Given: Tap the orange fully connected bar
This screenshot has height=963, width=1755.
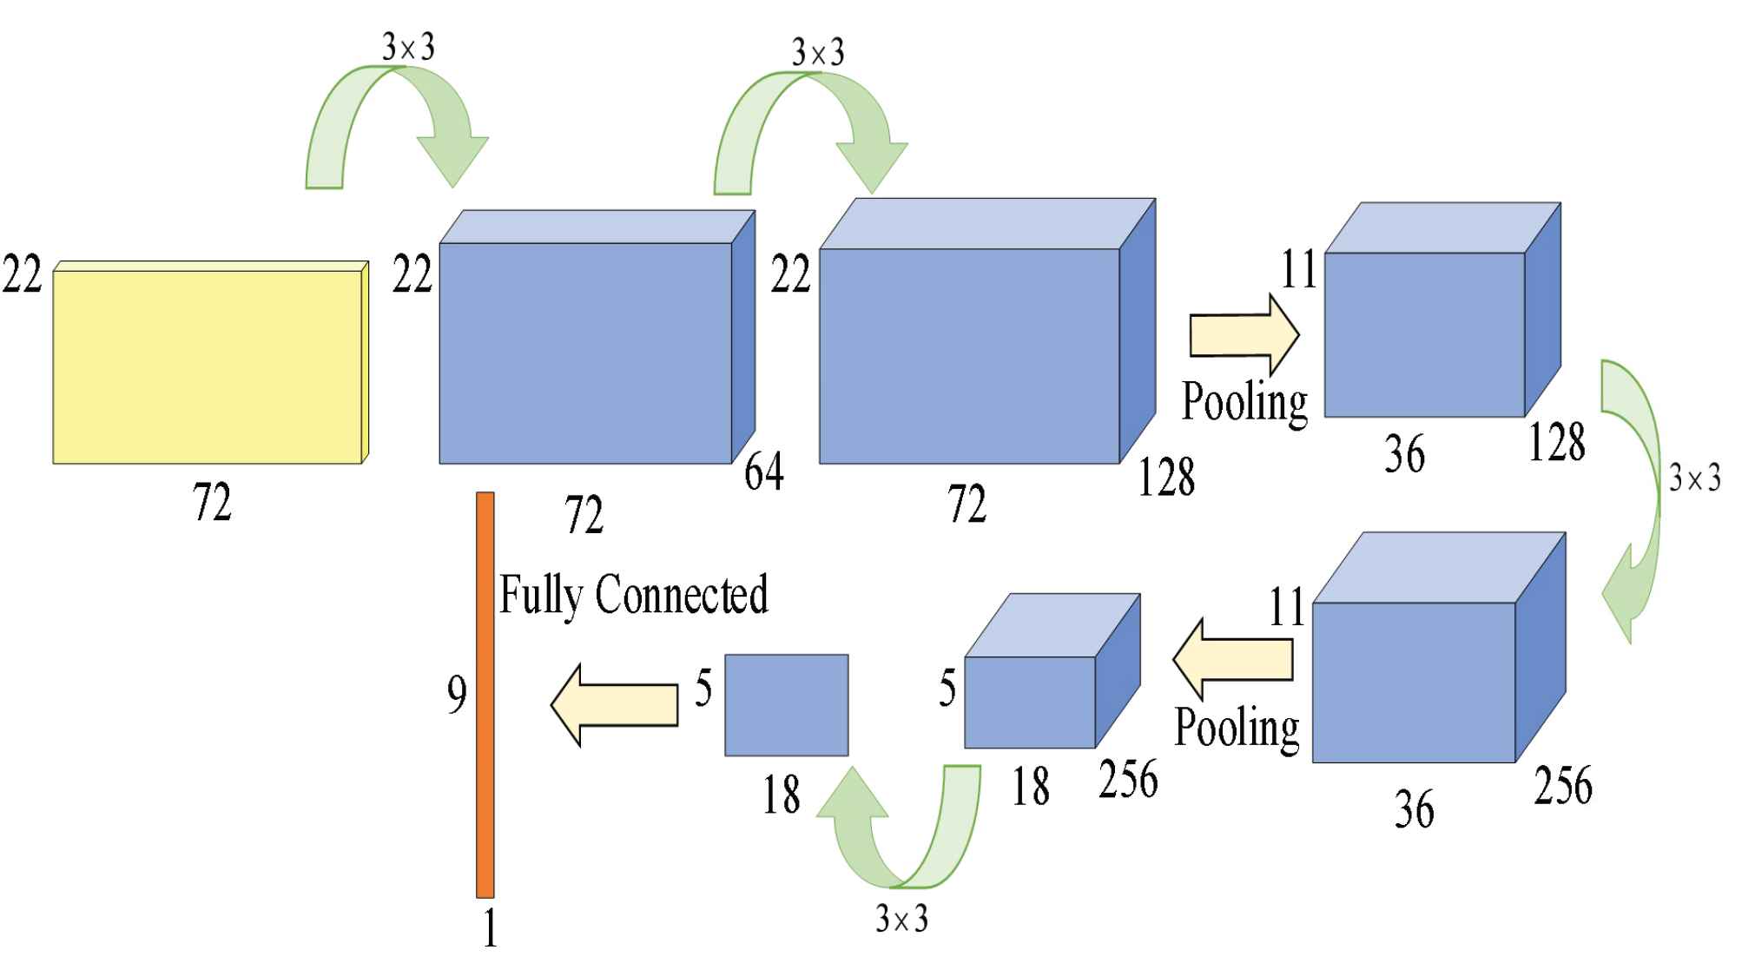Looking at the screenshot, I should click(485, 695).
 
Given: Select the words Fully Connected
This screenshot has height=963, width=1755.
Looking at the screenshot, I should click(633, 595).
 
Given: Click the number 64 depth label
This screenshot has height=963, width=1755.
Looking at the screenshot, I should click(764, 473).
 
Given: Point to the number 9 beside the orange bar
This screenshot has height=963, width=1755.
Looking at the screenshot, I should click(457, 695).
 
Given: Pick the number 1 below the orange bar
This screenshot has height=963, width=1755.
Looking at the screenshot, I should click(490, 929).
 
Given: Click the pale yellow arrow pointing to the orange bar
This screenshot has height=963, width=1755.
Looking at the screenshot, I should click(615, 703).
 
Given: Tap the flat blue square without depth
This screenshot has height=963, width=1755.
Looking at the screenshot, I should click(786, 705).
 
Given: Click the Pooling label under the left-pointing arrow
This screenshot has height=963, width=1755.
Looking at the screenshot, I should click(1237, 728).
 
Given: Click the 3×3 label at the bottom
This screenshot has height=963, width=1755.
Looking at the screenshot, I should click(901, 919).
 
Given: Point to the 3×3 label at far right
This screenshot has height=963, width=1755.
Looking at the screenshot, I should click(1694, 478).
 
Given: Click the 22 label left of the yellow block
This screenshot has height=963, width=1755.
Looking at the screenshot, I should click(22, 276).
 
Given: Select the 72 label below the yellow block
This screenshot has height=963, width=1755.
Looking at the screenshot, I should click(212, 503).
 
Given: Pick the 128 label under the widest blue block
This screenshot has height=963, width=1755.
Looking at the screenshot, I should click(1166, 478).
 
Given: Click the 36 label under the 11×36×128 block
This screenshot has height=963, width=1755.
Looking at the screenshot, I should click(1404, 454).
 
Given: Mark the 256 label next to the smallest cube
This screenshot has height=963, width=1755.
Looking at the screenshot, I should click(1128, 779).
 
